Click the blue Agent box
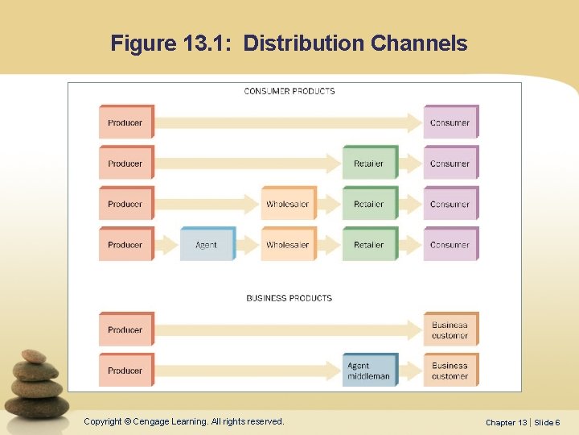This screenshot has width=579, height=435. pyautogui.click(x=207, y=244)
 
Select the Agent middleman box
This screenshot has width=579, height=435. pyautogui.click(x=369, y=371)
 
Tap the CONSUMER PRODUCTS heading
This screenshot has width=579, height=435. pyautogui.click(x=289, y=91)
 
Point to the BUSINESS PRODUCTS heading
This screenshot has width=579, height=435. pyautogui.click(x=289, y=298)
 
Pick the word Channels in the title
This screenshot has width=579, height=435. pyautogui.click(x=419, y=43)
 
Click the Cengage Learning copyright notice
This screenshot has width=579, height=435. pyautogui.click(x=184, y=421)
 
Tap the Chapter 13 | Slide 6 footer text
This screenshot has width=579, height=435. pyautogui.click(x=523, y=422)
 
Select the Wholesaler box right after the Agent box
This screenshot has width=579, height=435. pyautogui.click(x=288, y=244)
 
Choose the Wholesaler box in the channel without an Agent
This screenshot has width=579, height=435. pyautogui.click(x=288, y=204)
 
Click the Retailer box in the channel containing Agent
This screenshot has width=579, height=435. pyautogui.click(x=369, y=244)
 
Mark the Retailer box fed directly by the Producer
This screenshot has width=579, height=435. pyautogui.click(x=369, y=164)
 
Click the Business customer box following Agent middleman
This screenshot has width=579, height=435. pyautogui.click(x=450, y=371)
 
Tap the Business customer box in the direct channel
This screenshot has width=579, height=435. pyautogui.click(x=450, y=329)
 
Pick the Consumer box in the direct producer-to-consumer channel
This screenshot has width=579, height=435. pyautogui.click(x=450, y=122)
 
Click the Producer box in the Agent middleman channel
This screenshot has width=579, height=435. pyautogui.click(x=125, y=371)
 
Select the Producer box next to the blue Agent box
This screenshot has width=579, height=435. pyautogui.click(x=125, y=244)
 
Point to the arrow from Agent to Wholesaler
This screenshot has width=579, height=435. pyautogui.click(x=248, y=244)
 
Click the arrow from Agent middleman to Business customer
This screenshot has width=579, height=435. pyautogui.click(x=410, y=371)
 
